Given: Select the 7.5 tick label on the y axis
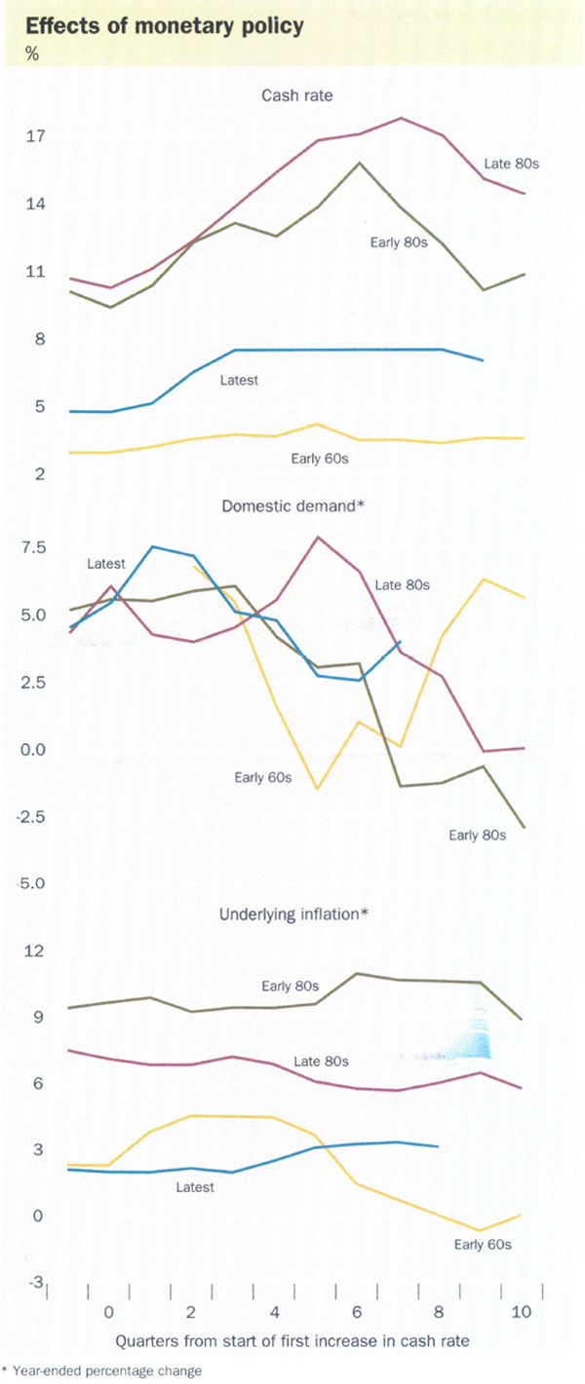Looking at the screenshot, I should tap(35, 548).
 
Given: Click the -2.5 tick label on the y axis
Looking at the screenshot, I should tap(32, 817).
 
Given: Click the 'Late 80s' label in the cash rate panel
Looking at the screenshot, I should tap(513, 164).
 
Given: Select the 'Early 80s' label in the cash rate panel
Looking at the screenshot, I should tap(400, 242).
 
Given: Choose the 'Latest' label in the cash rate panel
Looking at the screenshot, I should tap(239, 380).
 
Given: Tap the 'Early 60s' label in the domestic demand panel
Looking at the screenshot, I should tap(262, 776).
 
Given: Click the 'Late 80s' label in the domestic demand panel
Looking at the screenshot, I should tap(403, 585).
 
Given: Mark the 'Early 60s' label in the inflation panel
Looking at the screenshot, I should tap(484, 1244).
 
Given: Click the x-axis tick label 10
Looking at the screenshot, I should tap(521, 1313).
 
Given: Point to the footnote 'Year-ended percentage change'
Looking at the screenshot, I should tap(106, 1370).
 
